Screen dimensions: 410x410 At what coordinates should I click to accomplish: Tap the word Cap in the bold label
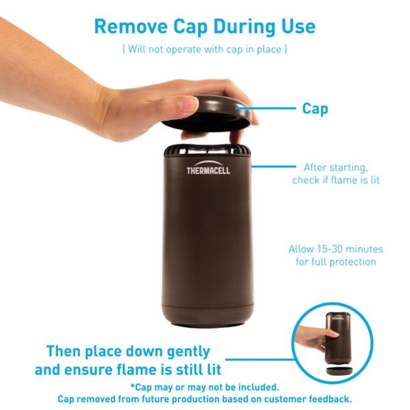coord(315,109)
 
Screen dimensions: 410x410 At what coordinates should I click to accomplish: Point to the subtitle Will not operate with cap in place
coord(204,49)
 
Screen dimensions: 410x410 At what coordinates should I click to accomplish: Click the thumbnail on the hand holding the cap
coord(187,104)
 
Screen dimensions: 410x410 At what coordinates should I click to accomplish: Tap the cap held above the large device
coord(207,114)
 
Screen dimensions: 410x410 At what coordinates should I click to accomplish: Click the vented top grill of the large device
coord(207,150)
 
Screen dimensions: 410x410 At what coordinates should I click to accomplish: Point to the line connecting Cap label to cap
coord(265,108)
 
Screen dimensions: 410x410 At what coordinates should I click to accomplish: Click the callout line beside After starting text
coord(274,166)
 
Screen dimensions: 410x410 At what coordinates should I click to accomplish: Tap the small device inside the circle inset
coord(337,337)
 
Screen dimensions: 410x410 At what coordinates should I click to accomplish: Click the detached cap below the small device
coord(339,371)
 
